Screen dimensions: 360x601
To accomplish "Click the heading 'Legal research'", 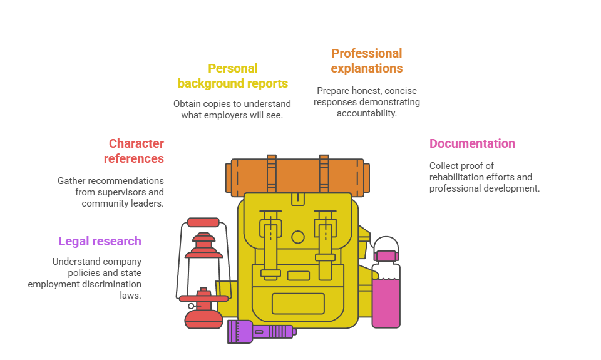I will [x=100, y=241].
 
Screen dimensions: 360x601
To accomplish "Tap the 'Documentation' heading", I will [x=472, y=143].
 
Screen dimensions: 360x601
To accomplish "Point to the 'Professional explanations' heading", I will [x=366, y=61].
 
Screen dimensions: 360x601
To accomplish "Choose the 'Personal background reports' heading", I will [x=232, y=76].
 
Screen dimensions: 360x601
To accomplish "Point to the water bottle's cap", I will [x=386, y=255].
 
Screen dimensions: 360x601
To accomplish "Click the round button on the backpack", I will [x=298, y=237].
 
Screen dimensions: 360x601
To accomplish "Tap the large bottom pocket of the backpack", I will [x=298, y=304].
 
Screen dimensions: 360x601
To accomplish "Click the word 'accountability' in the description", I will [x=366, y=113].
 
